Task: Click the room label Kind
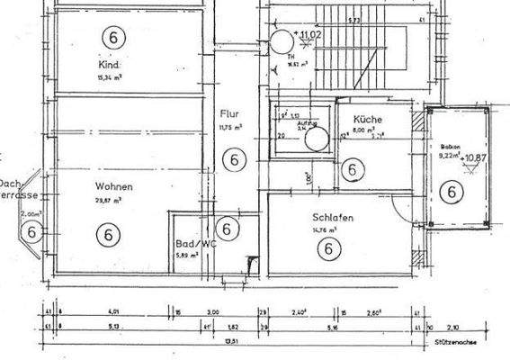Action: click(111, 66)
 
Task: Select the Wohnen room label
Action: click(114, 187)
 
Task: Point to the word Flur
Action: click(228, 114)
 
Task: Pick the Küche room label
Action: click(369, 119)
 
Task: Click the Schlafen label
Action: click(332, 218)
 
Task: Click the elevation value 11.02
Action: click(310, 34)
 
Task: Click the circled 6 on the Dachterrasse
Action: click(32, 232)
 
